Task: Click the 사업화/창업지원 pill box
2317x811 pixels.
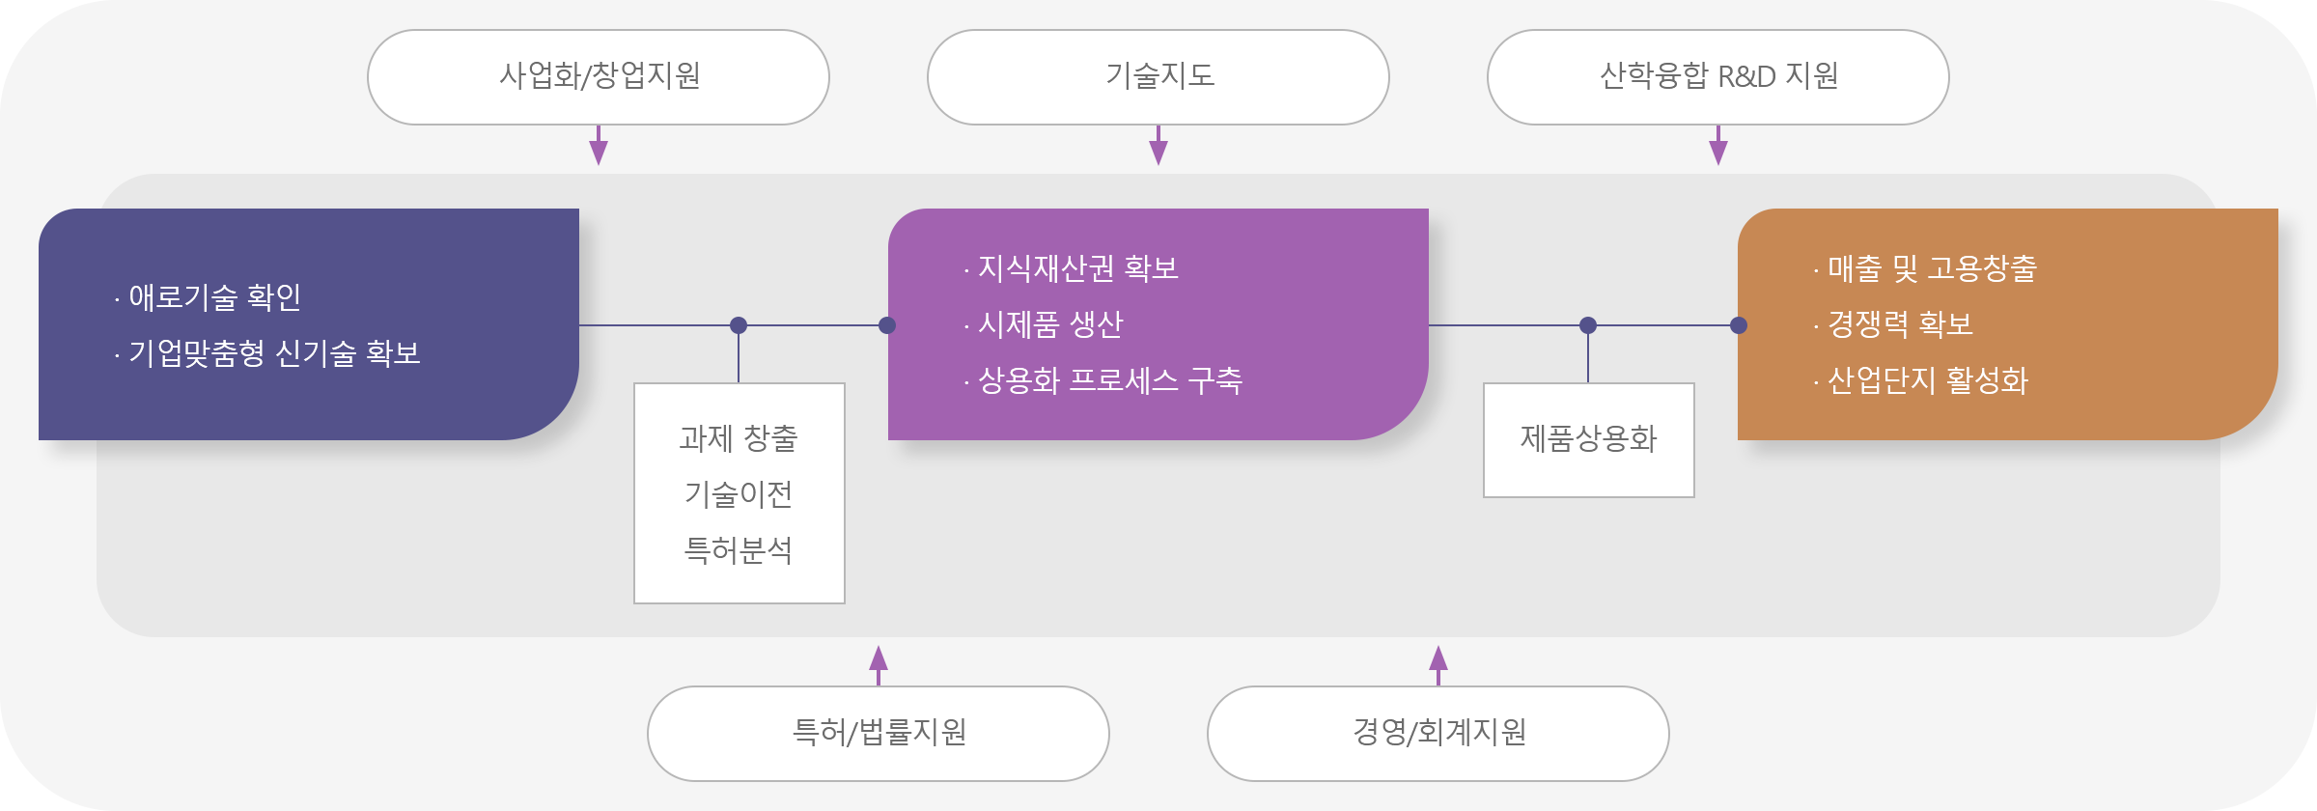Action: [x=599, y=77]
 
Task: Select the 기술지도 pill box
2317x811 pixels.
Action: [x=1158, y=77]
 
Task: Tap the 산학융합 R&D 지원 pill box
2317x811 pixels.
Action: [x=1718, y=77]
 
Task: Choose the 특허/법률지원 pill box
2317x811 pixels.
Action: [x=879, y=734]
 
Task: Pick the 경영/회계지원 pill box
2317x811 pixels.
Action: [x=1438, y=734]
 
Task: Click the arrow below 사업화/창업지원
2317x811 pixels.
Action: [x=599, y=145]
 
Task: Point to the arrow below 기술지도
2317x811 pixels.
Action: [x=1158, y=145]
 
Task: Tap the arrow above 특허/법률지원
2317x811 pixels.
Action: [x=879, y=666]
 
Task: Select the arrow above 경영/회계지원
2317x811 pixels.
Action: [x=1438, y=666]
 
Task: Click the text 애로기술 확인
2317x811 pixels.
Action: [x=215, y=297]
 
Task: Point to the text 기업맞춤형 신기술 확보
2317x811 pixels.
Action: [x=275, y=353]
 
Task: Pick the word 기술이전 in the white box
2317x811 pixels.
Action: [x=739, y=494]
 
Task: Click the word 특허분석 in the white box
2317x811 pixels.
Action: [x=739, y=550]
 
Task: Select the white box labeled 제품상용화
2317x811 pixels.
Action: [x=1589, y=440]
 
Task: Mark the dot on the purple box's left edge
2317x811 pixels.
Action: [x=887, y=325]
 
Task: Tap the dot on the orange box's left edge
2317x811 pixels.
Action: [x=1739, y=325]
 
